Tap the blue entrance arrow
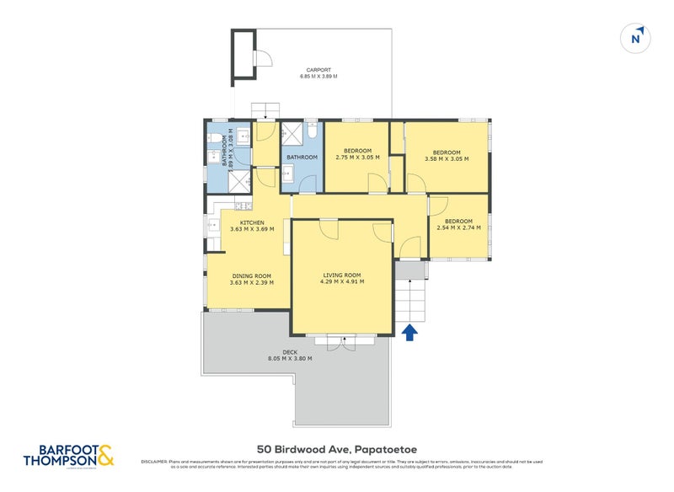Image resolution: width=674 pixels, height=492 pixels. pyautogui.click(x=409, y=333)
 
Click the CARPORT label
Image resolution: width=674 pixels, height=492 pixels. pyautogui.click(x=318, y=70)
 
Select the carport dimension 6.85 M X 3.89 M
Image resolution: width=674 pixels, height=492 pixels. pyautogui.click(x=318, y=77)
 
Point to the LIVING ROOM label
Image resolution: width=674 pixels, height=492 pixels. pyautogui.click(x=342, y=275)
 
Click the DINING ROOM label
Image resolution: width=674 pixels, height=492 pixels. pyautogui.click(x=251, y=275)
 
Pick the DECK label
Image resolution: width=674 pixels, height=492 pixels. pyautogui.click(x=290, y=351)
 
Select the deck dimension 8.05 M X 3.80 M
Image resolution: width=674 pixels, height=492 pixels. pyautogui.click(x=290, y=358)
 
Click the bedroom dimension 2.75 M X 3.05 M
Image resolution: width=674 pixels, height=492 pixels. pyautogui.click(x=354, y=158)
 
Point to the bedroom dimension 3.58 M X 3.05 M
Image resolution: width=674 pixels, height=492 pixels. pyautogui.click(x=447, y=158)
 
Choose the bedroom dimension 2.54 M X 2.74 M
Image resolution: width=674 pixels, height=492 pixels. pyautogui.click(x=459, y=227)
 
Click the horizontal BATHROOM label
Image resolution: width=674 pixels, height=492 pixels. pyautogui.click(x=302, y=158)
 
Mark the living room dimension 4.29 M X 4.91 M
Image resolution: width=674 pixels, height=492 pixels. pyautogui.click(x=342, y=282)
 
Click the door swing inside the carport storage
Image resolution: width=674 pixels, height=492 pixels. pyautogui.click(x=263, y=58)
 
